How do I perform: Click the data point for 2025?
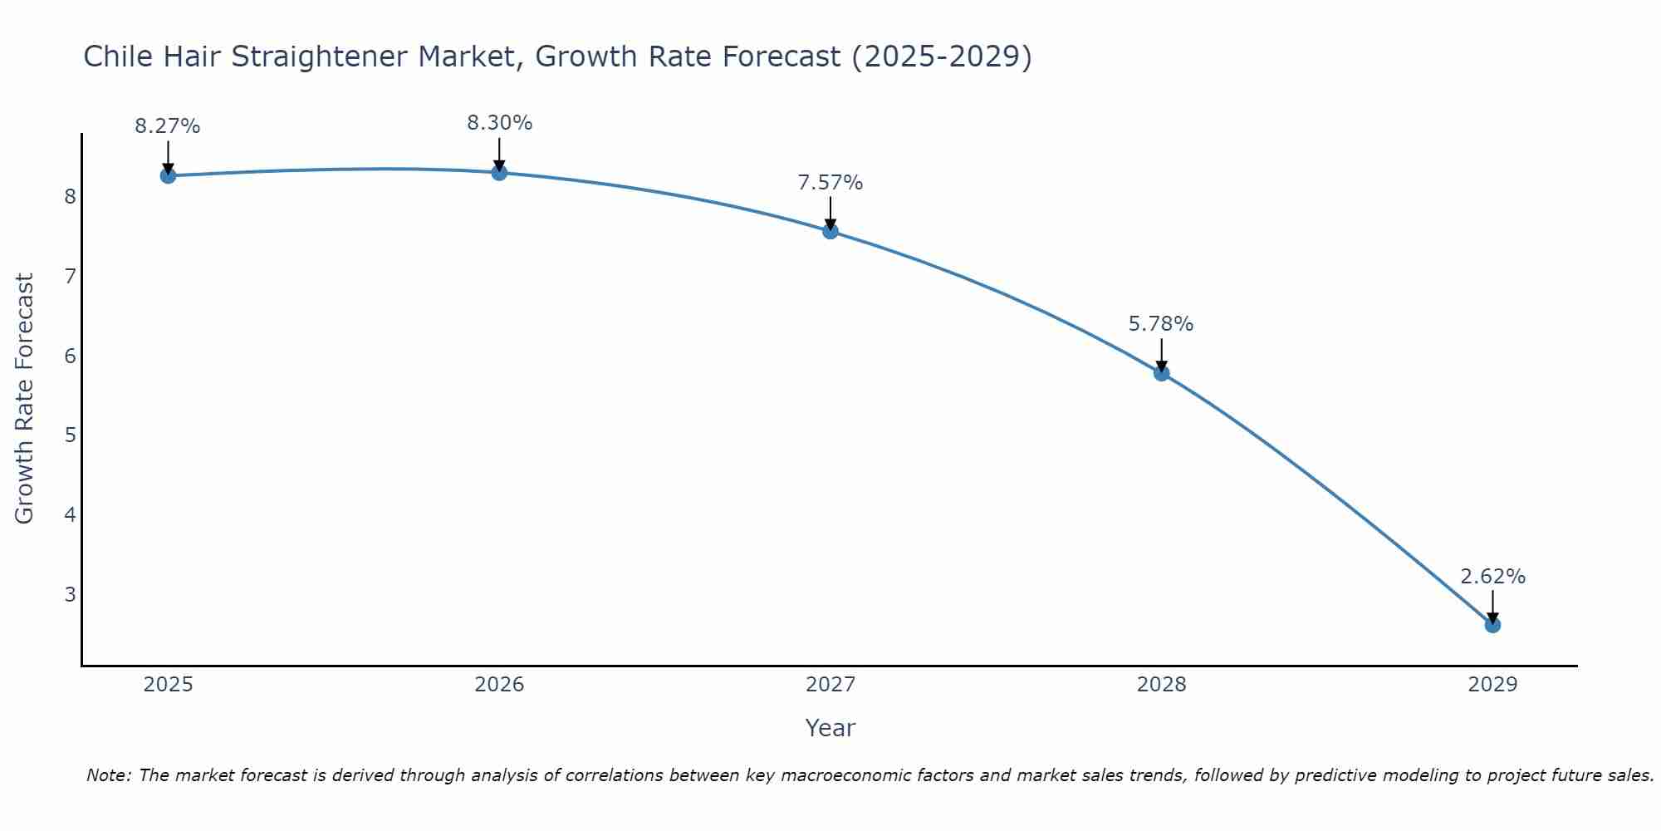click(x=168, y=175)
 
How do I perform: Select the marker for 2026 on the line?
click(x=499, y=173)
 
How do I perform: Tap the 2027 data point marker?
click(x=830, y=231)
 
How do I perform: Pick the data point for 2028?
click(x=1161, y=373)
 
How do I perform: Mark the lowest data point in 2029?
click(x=1492, y=625)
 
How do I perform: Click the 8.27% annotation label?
click(x=168, y=126)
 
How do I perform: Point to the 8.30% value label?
click(x=499, y=123)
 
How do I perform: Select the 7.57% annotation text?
click(x=830, y=183)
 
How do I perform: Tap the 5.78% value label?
click(x=1161, y=324)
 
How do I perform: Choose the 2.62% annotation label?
click(x=1492, y=577)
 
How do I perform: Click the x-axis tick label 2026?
click(x=499, y=685)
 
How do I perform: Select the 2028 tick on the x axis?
click(x=1161, y=685)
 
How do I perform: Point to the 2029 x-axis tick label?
click(x=1492, y=685)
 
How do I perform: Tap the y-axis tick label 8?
click(x=71, y=197)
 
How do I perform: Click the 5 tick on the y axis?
click(x=71, y=435)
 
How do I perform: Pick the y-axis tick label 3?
click(x=71, y=594)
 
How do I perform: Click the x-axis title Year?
click(x=830, y=728)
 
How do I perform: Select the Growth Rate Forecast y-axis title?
click(x=25, y=399)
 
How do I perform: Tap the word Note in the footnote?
click(x=108, y=775)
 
